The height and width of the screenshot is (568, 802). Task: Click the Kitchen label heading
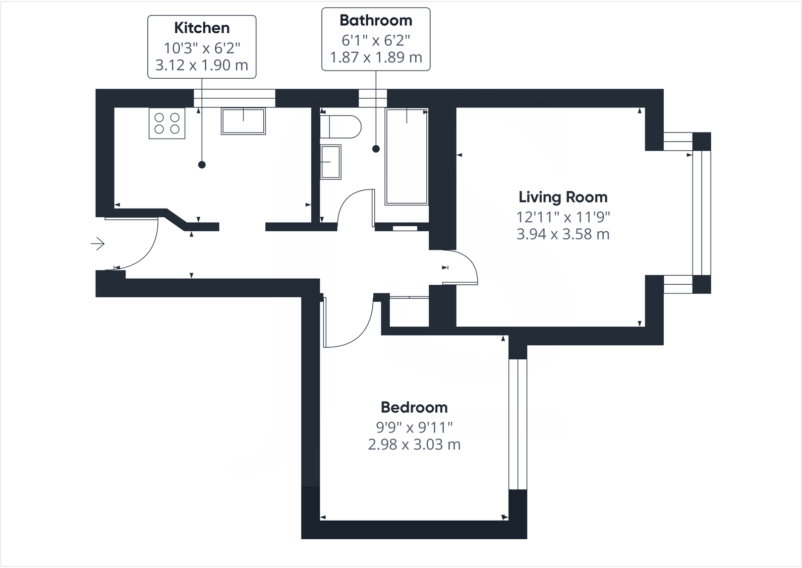pos(202,28)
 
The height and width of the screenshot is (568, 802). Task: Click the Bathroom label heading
pos(376,21)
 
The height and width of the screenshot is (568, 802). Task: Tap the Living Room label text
pos(563,197)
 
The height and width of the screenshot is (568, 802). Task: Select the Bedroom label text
pos(414,407)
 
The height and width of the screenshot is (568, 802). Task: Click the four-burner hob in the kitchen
pos(167,123)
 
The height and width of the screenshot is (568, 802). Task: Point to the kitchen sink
pos(243,121)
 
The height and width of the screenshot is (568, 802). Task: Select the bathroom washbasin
pos(331,161)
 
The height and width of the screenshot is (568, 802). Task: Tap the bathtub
pos(407,157)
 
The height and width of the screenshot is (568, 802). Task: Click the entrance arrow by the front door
pos(98,244)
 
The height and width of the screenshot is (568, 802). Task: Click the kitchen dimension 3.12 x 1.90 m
pos(202,65)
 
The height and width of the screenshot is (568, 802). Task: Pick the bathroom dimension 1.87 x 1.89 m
pos(376,57)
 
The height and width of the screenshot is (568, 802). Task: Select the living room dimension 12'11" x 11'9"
pos(563,217)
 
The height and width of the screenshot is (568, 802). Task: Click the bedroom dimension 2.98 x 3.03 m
pos(414,445)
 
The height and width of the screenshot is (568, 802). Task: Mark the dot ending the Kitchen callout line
pos(202,165)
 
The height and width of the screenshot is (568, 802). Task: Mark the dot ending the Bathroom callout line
pos(376,149)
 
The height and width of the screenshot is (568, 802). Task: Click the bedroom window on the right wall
pos(518,424)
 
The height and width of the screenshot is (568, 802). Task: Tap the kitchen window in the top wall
pos(235,98)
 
